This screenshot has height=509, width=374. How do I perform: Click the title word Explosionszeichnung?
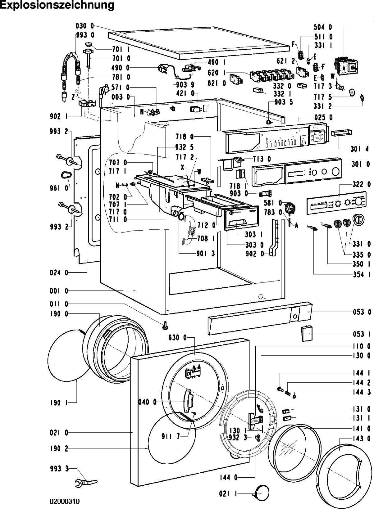point(57,6)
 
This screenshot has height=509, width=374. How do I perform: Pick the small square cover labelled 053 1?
point(307,334)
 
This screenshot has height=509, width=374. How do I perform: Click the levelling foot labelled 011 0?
point(165,325)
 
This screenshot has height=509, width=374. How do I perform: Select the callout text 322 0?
point(361,184)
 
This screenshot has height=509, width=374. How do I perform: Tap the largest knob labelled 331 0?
point(358,220)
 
